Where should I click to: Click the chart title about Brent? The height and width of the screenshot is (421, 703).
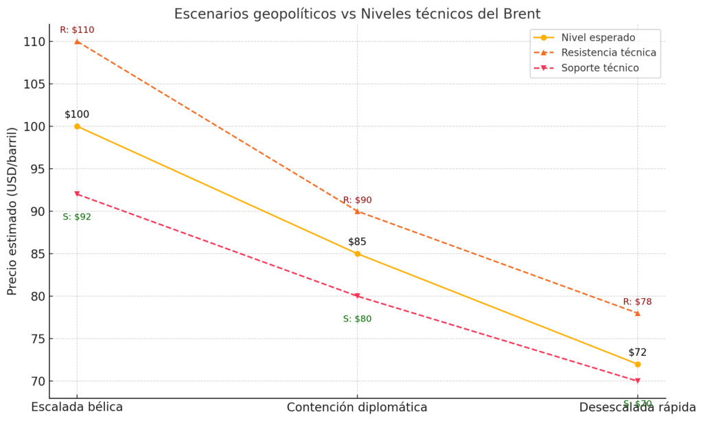pyautogui.click(x=357, y=14)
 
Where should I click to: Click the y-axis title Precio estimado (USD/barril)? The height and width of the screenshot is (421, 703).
pyautogui.click(x=12, y=211)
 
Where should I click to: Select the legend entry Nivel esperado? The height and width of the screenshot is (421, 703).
pyautogui.click(x=598, y=38)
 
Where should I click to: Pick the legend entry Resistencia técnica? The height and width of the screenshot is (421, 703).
pyautogui.click(x=608, y=53)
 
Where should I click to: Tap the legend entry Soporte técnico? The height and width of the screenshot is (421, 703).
pyautogui.click(x=600, y=68)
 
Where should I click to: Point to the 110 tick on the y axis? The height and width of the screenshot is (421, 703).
pyautogui.click(x=33, y=42)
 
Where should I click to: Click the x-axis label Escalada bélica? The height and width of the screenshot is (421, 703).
pyautogui.click(x=77, y=407)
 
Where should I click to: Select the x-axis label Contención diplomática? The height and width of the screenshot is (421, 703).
pyautogui.click(x=357, y=407)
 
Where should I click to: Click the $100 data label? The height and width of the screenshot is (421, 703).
pyautogui.click(x=77, y=115)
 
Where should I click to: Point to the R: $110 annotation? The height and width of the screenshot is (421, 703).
pyautogui.click(x=77, y=30)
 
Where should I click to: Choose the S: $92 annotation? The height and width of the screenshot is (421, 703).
pyautogui.click(x=77, y=217)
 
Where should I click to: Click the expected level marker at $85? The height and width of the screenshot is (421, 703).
pyautogui.click(x=357, y=253)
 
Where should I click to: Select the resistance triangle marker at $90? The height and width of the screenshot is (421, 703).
pyautogui.click(x=357, y=211)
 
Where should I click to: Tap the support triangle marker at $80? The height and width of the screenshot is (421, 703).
pyautogui.click(x=357, y=296)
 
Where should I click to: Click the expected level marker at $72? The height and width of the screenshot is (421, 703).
pyautogui.click(x=638, y=364)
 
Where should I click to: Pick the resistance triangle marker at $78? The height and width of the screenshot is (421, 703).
pyautogui.click(x=638, y=313)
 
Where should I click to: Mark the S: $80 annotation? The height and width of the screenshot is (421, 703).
pyautogui.click(x=357, y=319)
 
